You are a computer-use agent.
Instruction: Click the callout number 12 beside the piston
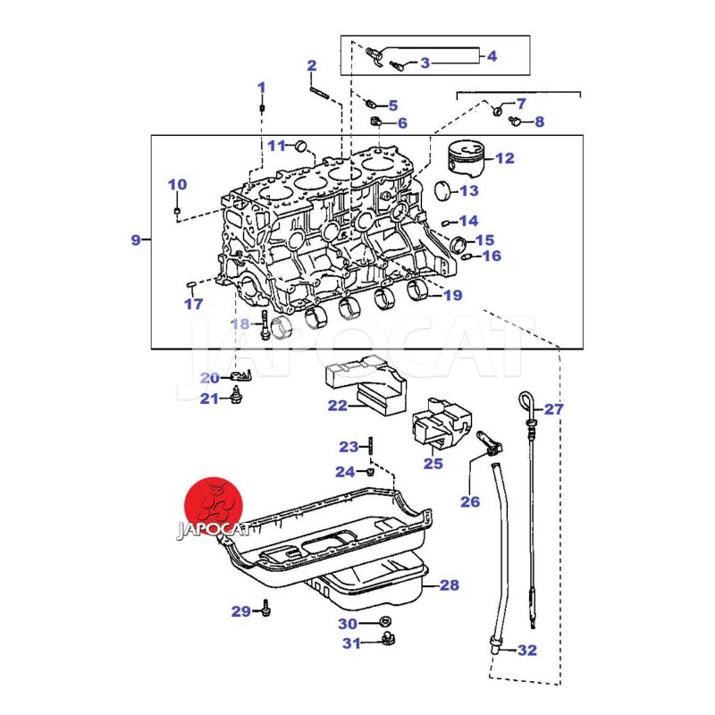504,158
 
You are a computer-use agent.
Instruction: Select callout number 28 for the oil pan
449,585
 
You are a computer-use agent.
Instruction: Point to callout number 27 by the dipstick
554,409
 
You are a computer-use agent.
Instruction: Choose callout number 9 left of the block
136,240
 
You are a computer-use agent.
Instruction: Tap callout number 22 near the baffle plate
337,406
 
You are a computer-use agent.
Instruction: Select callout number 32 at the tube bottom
527,650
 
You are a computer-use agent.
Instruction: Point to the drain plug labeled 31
387,637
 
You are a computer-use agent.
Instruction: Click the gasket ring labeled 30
385,622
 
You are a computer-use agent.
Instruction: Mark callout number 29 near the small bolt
241,611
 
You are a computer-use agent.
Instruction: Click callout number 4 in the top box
492,55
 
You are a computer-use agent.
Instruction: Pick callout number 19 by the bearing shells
452,294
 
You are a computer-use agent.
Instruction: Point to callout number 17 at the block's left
194,304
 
